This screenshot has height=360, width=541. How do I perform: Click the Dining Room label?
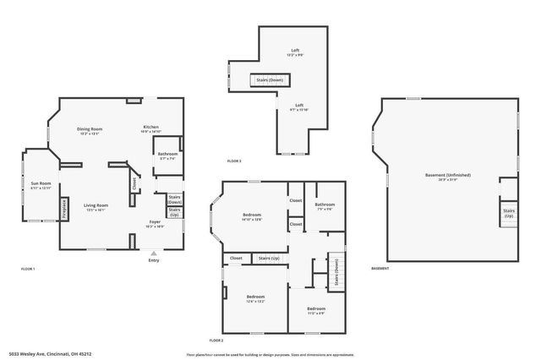pos(90,128)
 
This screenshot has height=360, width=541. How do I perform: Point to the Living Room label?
pos(96,205)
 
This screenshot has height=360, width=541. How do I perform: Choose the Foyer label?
pos(155,221)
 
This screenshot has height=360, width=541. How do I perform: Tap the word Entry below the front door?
pos(154,260)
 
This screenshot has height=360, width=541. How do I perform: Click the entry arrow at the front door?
pos(154,253)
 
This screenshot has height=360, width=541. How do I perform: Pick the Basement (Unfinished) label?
pos(448,175)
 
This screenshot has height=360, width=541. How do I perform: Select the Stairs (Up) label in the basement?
pos(509,213)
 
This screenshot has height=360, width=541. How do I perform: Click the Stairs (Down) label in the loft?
pos(270,80)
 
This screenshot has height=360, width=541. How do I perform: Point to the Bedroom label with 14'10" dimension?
pos(252,215)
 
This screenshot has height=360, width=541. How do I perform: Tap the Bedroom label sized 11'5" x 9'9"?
pos(314,308)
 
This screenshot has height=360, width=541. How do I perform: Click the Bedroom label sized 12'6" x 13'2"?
pos(255,297)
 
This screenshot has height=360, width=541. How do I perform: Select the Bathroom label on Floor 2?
pos(325,205)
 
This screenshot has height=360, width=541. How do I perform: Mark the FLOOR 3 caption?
pos(234,161)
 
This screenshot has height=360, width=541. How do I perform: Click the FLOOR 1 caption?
pos(28,269)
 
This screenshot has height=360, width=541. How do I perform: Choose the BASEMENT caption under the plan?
pos(380,269)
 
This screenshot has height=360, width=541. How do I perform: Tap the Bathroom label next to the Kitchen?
pos(166,155)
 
